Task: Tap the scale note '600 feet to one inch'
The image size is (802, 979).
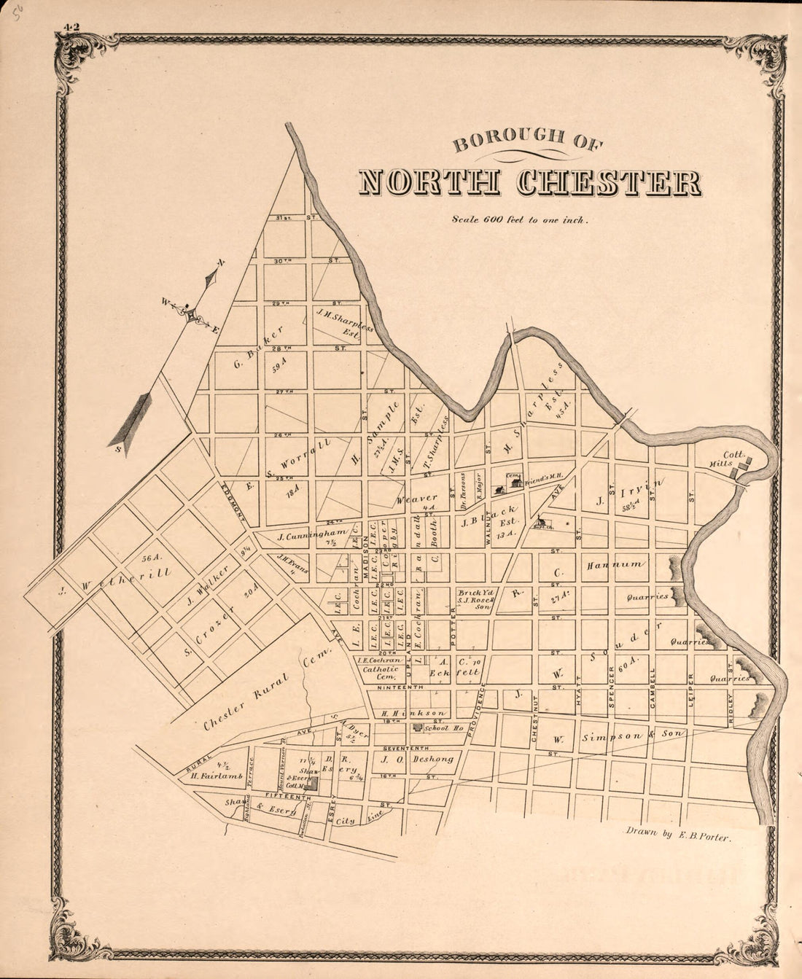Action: (519, 219)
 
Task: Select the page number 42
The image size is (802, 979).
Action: (71, 28)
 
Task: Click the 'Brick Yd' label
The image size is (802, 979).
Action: (475, 593)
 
